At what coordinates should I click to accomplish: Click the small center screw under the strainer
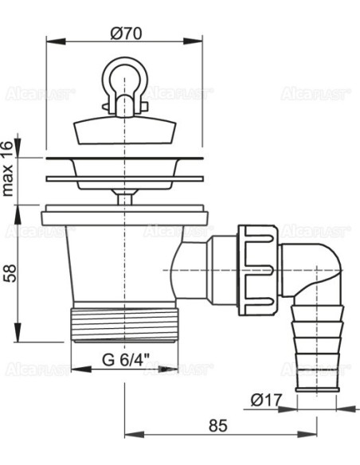pos(123,195)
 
